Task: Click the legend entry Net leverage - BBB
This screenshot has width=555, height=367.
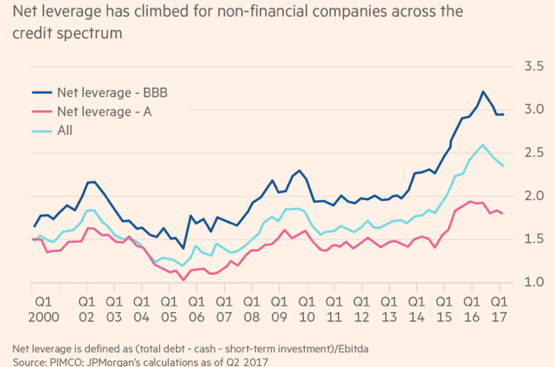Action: (x=113, y=92)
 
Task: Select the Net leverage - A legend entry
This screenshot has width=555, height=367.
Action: (x=105, y=111)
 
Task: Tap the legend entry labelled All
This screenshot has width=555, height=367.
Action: (x=66, y=130)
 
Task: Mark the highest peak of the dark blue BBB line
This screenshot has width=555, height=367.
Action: (x=483, y=92)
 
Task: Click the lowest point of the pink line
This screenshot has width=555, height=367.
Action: (x=182, y=279)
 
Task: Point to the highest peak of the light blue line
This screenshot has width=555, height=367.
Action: (x=483, y=144)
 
